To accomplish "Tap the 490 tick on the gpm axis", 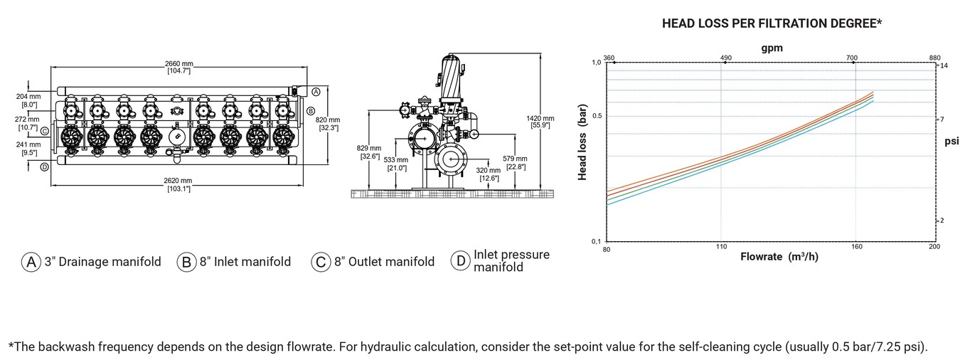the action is (x=725, y=58).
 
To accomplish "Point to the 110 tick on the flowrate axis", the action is (x=721, y=246).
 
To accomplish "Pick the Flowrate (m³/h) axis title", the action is (x=779, y=257).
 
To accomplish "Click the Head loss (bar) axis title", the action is (x=582, y=142).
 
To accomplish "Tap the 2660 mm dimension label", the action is (x=178, y=68).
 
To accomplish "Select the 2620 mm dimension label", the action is (x=178, y=185).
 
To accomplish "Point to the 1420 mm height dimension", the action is (x=540, y=122).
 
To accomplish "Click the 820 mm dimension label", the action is (x=328, y=124).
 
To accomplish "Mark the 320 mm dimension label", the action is (x=488, y=174).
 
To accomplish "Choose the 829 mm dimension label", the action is (x=368, y=152).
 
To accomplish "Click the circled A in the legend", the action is (x=31, y=261).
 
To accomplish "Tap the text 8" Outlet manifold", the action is (x=385, y=261).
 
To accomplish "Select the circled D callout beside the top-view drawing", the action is (x=44, y=167).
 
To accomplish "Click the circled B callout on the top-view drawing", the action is (x=311, y=111).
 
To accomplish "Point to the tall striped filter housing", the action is (x=451, y=77).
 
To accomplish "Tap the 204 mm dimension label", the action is (x=28, y=101).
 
